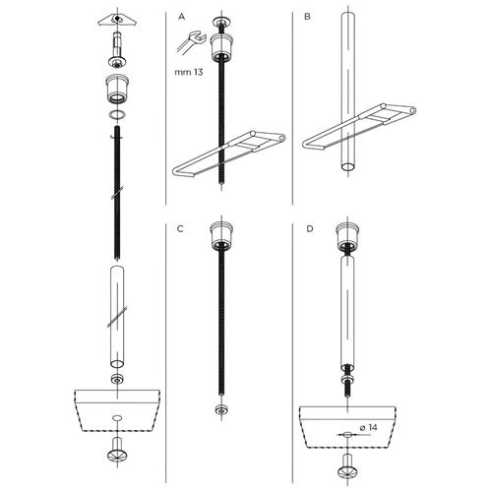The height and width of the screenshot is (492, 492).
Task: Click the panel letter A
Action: click(x=181, y=17)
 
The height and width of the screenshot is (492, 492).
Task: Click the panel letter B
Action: click(x=307, y=17)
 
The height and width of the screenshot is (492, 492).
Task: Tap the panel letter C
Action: click(x=180, y=228)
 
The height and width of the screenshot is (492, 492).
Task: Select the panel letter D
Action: click(x=310, y=228)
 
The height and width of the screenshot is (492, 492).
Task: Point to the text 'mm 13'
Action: click(x=189, y=72)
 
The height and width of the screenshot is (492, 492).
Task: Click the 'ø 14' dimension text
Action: click(x=368, y=427)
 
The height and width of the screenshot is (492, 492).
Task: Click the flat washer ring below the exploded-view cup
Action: click(x=117, y=115)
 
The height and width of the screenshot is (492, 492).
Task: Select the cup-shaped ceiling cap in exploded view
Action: click(x=117, y=89)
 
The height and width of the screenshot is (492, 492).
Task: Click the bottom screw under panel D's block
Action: click(x=347, y=465)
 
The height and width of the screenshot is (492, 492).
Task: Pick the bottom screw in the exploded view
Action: click(x=117, y=449)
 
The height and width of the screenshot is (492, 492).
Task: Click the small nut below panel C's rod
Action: click(x=221, y=409)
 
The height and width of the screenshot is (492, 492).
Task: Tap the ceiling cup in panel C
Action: click(x=221, y=235)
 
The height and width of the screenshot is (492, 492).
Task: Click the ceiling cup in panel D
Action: click(x=347, y=235)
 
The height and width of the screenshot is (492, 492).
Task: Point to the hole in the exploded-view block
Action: click(x=117, y=418)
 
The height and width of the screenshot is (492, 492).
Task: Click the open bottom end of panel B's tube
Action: click(x=348, y=166)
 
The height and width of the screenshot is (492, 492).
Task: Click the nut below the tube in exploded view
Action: click(x=117, y=379)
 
